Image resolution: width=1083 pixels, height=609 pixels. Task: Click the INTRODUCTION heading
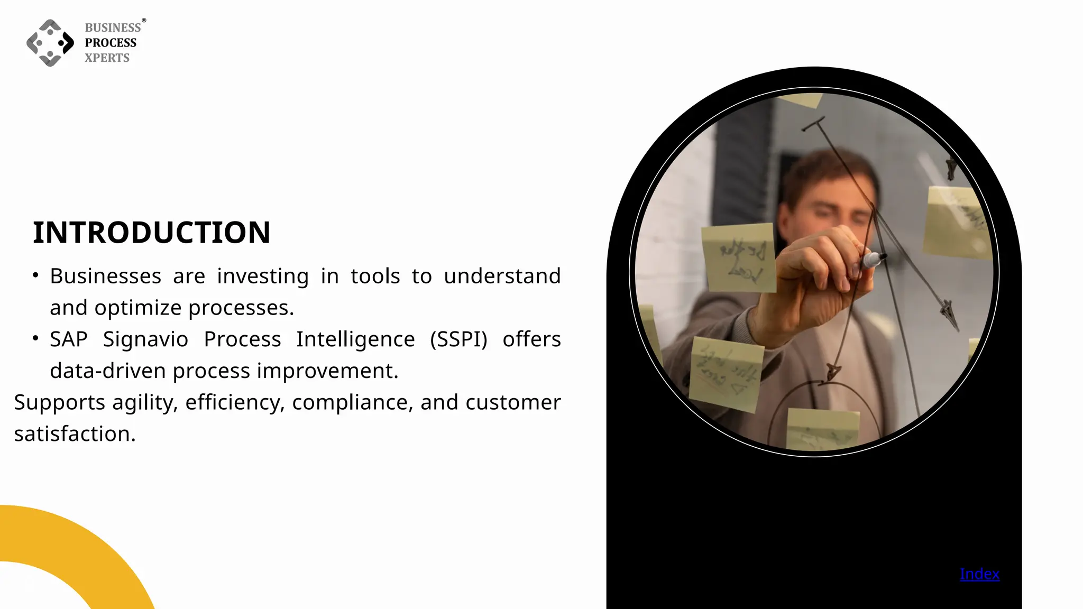coord(151,233)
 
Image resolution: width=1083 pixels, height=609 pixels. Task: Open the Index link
coord(979,574)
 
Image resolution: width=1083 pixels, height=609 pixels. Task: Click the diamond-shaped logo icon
coord(50,43)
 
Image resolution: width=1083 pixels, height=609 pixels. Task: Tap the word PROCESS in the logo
coord(111,43)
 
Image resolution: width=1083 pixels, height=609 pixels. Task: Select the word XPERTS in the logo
coord(107,58)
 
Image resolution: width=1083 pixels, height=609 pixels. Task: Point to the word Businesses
coord(105,276)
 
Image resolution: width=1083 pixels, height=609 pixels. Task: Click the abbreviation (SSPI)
coord(458,339)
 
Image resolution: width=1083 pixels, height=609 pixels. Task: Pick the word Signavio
coord(145,339)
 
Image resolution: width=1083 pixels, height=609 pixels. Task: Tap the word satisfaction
coord(75,434)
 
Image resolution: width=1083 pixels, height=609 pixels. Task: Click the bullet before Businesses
coord(35,275)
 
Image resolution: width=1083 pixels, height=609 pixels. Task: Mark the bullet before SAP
coord(35,338)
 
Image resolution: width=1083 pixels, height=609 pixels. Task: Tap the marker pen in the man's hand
coord(873,259)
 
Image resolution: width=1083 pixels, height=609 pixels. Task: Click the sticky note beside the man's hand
coord(739,257)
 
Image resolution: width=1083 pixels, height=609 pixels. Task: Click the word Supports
coord(59,403)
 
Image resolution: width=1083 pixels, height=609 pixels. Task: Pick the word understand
coord(502,276)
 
